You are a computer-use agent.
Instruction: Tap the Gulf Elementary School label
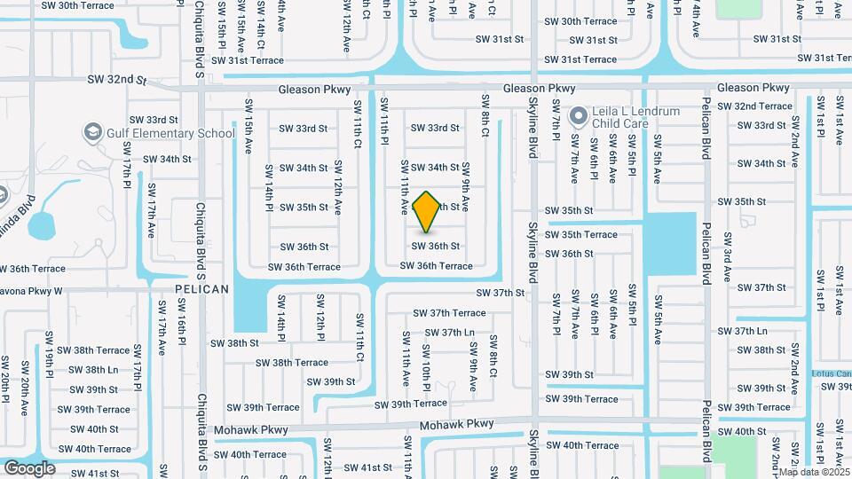click(168, 133)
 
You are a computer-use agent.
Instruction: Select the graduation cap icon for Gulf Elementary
click(92, 133)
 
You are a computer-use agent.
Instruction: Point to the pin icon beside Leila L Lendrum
click(579, 116)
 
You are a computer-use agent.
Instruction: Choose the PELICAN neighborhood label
click(201, 289)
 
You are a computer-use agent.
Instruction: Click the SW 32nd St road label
click(117, 80)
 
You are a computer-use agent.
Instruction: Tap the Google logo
click(29, 468)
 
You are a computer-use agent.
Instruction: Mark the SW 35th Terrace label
click(581, 235)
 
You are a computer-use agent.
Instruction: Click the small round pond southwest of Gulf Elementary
click(43, 225)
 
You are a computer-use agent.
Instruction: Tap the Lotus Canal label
click(832, 373)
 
